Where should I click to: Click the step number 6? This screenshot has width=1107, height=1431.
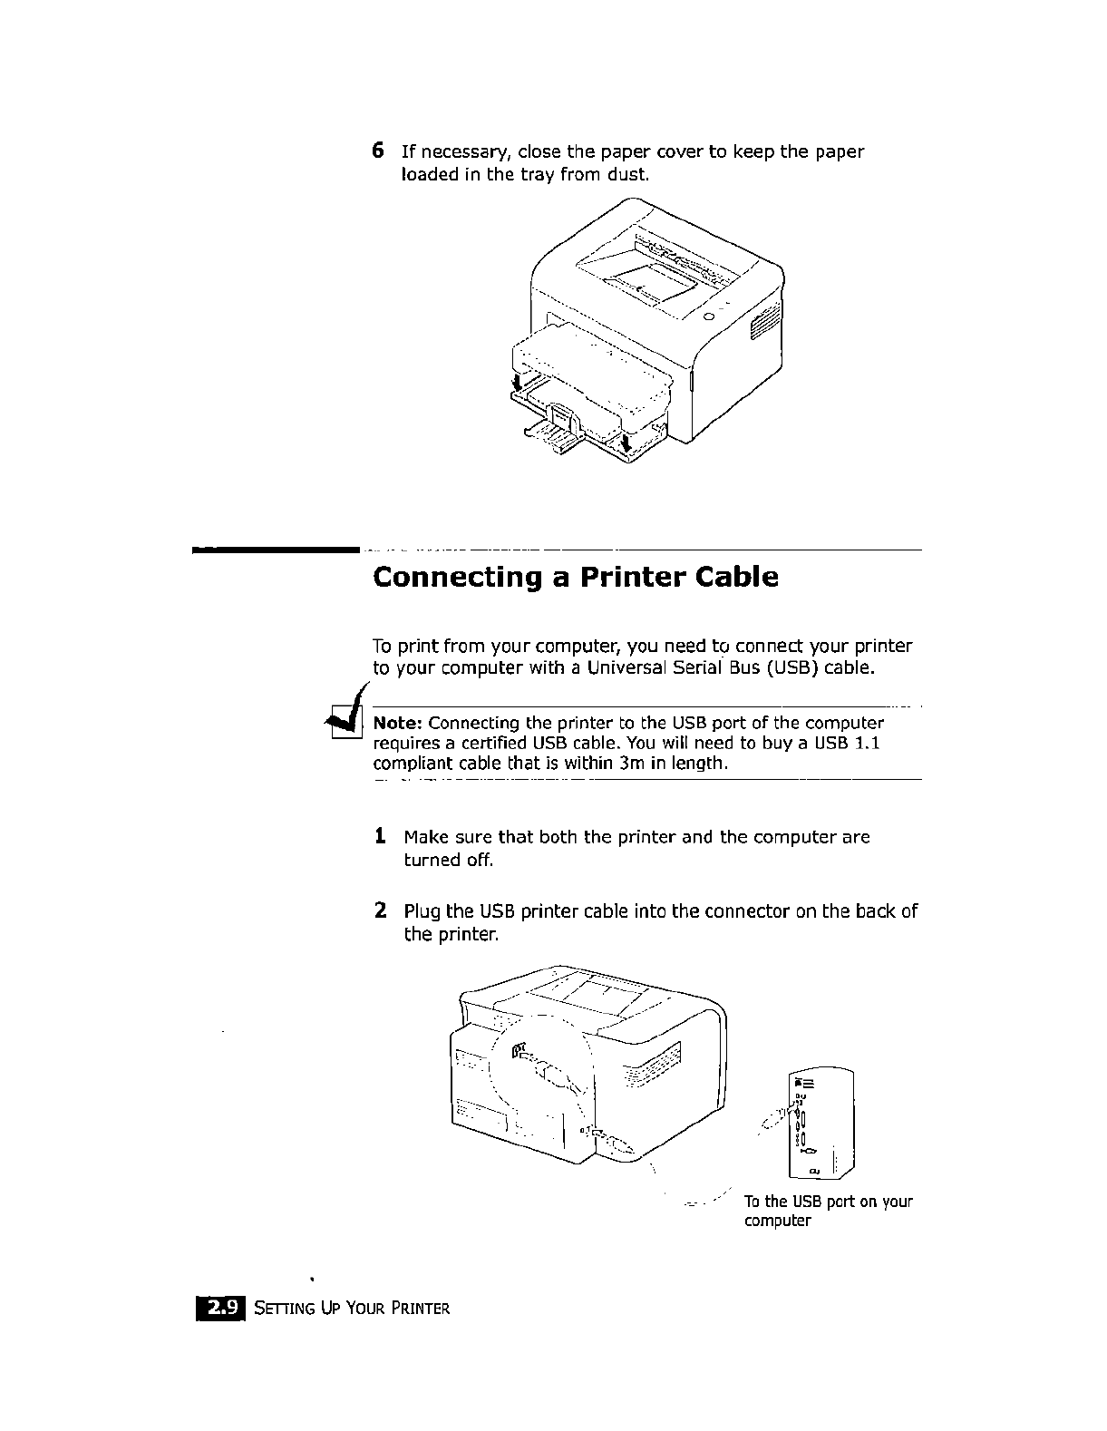point(379,151)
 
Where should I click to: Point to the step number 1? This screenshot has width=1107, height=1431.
point(381,836)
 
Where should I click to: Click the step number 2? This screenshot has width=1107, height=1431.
point(381,910)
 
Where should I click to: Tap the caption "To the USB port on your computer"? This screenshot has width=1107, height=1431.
point(827,1211)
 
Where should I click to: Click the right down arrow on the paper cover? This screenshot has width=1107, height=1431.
point(626,442)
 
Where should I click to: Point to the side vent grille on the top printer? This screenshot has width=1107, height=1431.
point(763,325)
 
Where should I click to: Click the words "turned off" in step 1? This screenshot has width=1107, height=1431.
point(448,860)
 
